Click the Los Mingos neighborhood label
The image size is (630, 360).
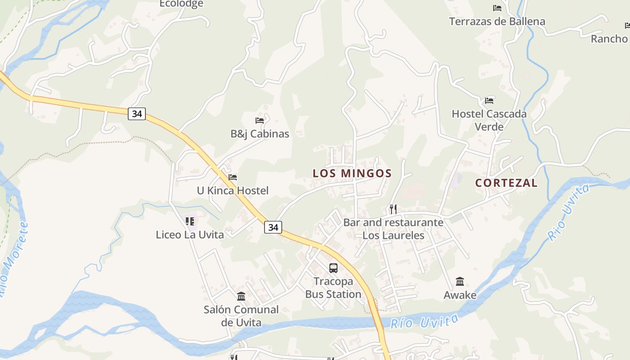(x=352, y=173)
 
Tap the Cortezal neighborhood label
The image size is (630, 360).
(x=506, y=183)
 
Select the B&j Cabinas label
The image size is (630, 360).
(x=260, y=134)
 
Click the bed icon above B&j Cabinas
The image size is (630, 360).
(x=260, y=120)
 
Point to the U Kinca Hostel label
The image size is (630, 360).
(x=233, y=190)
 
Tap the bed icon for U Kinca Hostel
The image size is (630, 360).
(x=233, y=177)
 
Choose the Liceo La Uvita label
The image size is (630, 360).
(x=189, y=234)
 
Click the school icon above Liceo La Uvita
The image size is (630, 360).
(x=190, y=221)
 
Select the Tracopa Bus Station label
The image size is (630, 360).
(x=333, y=288)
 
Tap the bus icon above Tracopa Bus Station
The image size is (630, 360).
(x=333, y=268)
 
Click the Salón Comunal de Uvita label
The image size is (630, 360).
(x=241, y=316)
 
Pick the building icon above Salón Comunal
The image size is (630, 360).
(x=241, y=296)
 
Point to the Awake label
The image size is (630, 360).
(x=460, y=295)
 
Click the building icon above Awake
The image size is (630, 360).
(x=460, y=282)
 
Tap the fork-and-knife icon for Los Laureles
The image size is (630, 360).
(x=393, y=209)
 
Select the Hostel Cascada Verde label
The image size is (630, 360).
(x=489, y=120)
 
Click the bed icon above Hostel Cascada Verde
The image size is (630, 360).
(x=489, y=100)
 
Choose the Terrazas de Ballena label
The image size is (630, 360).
(x=497, y=21)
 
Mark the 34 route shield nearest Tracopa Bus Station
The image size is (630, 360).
(x=273, y=227)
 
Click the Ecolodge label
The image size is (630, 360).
(x=182, y=4)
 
